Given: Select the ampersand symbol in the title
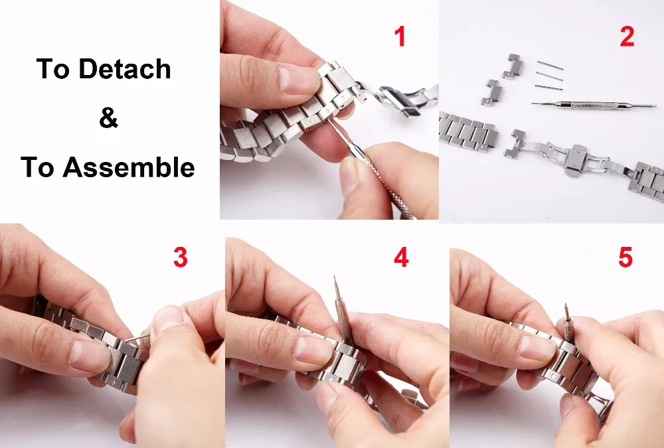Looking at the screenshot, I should tap(108, 119).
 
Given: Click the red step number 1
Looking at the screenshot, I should tap(400, 37).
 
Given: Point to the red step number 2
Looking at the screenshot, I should tap(627, 37).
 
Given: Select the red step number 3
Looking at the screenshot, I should tap(180, 258).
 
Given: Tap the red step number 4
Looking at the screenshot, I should tap(401, 258).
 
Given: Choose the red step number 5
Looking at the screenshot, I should tap(625, 258).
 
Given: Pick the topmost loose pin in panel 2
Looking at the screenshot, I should tap(550, 66).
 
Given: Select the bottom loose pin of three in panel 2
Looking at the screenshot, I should tap(548, 87).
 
